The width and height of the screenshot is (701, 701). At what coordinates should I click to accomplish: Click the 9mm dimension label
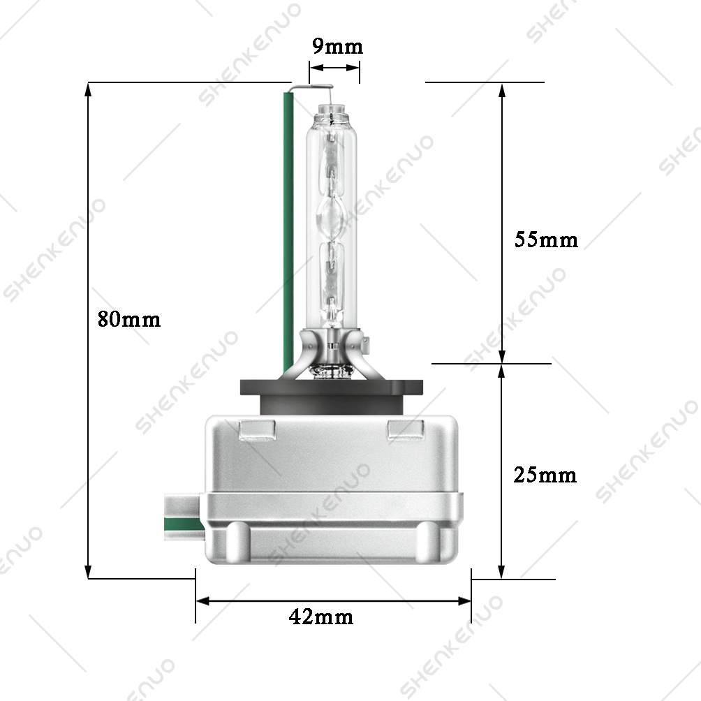337,47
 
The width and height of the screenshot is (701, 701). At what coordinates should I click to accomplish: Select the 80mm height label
129,319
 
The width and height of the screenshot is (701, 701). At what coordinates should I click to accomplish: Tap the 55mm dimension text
546,239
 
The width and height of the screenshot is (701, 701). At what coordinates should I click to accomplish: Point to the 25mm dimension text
545,475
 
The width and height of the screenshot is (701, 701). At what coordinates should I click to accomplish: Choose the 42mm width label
321,617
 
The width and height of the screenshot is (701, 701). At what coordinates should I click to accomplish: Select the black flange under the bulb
331,393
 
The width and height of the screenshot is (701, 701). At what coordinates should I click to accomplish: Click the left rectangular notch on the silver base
257,429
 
